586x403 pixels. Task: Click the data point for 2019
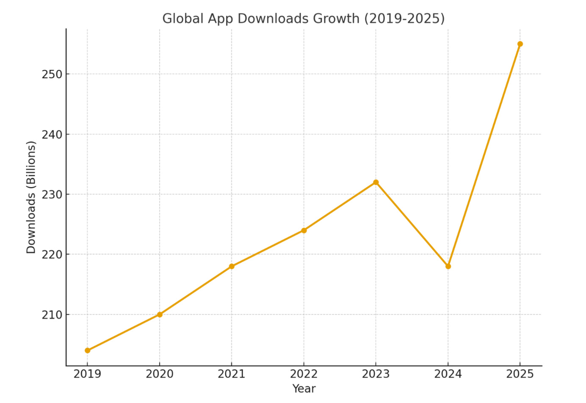tap(88, 351)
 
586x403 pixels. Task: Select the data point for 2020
tap(160, 315)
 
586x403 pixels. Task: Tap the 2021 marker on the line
tap(232, 266)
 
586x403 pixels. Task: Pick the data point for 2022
tap(304, 230)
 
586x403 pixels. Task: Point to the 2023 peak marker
tap(376, 182)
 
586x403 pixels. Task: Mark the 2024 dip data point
tap(448, 266)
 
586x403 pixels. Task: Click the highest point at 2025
tap(520, 44)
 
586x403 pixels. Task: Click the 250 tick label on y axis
tap(52, 75)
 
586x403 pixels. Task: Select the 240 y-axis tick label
tap(52, 135)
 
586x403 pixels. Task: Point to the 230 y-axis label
tap(52, 195)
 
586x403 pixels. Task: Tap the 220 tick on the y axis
tap(52, 255)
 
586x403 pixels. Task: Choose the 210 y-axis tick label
tap(52, 315)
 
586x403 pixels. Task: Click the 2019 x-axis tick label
tap(88, 374)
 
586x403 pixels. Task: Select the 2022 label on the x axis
tap(304, 374)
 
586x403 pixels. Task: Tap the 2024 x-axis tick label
tap(448, 374)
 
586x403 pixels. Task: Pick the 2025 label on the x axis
tap(520, 374)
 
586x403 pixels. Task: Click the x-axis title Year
tap(304, 389)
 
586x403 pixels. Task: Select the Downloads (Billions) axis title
tap(31, 197)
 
